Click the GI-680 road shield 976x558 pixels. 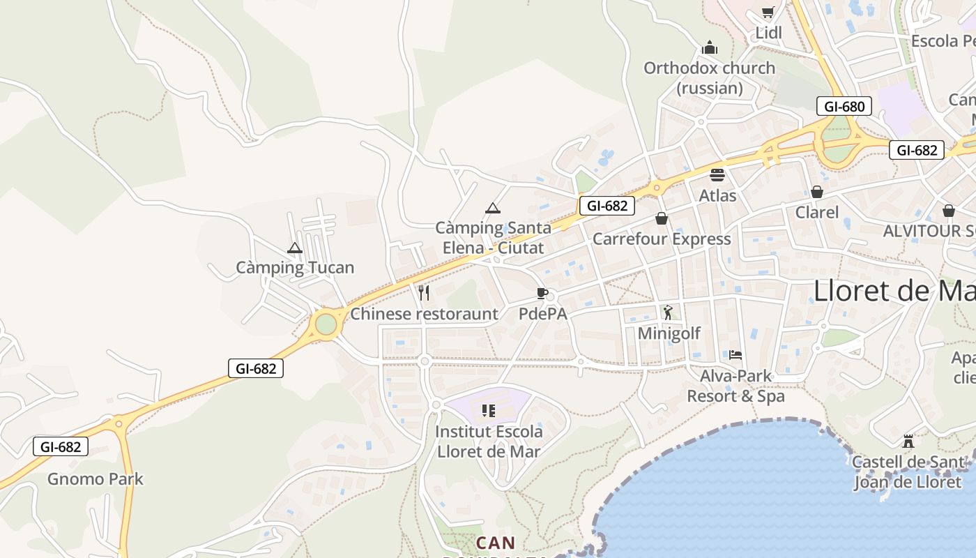(844, 107)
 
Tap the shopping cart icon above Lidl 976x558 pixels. (768, 12)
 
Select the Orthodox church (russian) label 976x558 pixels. (709, 78)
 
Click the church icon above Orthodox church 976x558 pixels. (710, 47)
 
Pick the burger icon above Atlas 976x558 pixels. (717, 174)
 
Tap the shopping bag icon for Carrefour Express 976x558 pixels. (662, 218)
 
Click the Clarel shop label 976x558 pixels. (817, 212)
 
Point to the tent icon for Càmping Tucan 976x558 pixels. (295, 248)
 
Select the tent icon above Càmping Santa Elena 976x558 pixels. (493, 208)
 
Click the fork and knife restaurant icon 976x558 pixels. (424, 293)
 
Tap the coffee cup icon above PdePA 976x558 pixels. (542, 293)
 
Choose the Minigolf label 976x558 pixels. (669, 333)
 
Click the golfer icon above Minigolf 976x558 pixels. (668, 312)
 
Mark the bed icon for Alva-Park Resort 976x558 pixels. (735, 355)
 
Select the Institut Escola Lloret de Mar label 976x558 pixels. (488, 441)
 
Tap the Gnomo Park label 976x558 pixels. (96, 479)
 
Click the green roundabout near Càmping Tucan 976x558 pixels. (326, 324)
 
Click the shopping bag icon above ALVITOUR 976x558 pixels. (948, 211)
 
